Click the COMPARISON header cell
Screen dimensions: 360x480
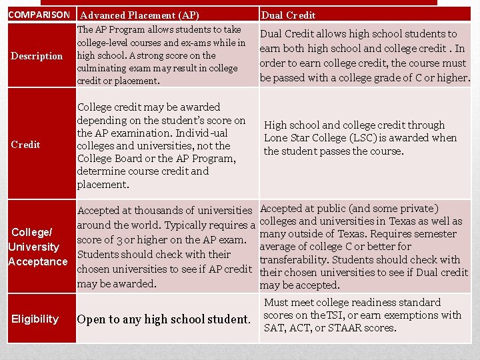click(39, 15)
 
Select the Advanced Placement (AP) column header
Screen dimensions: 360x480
click(138, 15)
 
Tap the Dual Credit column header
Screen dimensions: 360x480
click(288, 15)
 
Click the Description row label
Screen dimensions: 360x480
click(37, 56)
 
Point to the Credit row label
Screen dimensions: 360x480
click(25, 145)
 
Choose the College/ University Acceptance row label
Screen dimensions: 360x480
click(37, 247)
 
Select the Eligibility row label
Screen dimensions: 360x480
click(35, 319)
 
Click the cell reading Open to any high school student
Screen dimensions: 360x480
click(163, 319)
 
